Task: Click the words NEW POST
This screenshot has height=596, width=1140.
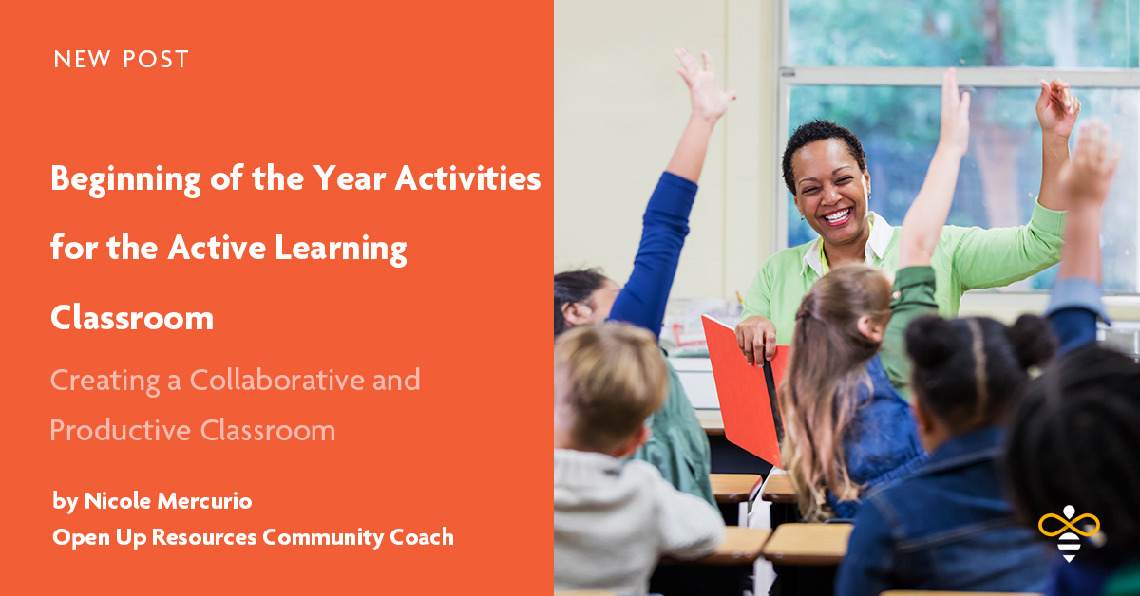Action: click(121, 60)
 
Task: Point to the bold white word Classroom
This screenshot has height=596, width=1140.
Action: click(131, 318)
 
